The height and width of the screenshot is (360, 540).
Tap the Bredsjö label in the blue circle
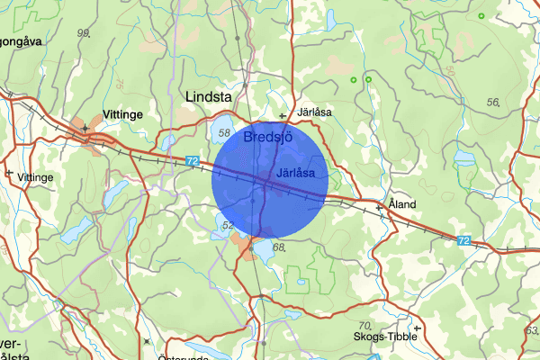(267, 136)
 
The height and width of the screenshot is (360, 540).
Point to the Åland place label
(402, 204)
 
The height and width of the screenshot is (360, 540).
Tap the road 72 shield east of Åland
(463, 240)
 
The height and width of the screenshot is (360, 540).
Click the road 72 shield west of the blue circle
(192, 160)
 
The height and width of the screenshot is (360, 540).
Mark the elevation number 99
(85, 33)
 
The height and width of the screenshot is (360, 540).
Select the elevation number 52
(228, 225)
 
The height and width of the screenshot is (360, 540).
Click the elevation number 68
(278, 247)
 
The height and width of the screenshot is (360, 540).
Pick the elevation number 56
(492, 103)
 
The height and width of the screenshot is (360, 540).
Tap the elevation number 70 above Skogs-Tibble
(364, 325)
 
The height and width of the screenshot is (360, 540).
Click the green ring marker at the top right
(481, 16)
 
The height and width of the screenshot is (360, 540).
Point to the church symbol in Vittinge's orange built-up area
(85, 129)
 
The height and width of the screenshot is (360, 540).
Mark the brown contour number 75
(121, 83)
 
